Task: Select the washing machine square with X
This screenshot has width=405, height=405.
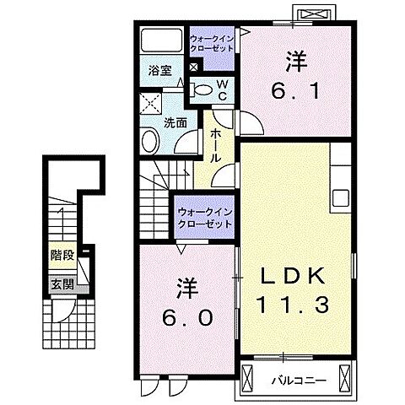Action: pyautogui.click(x=152, y=105)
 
